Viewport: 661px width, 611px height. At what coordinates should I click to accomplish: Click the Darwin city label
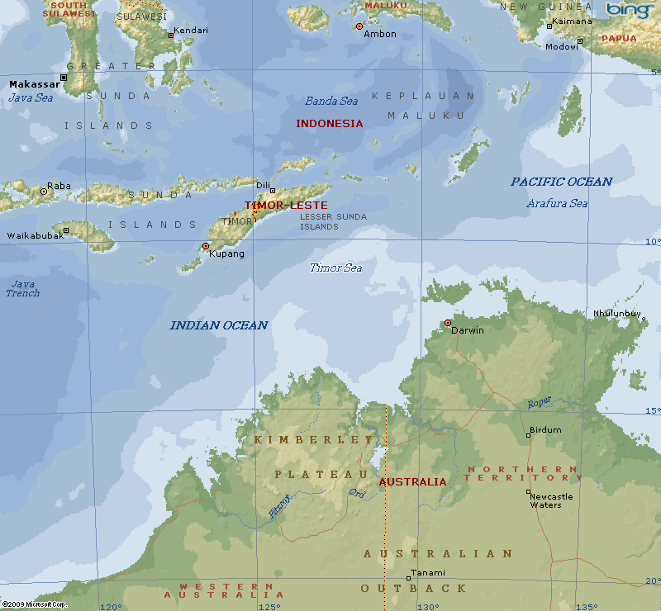(x=468, y=330)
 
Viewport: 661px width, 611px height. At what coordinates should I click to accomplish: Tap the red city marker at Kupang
(x=206, y=246)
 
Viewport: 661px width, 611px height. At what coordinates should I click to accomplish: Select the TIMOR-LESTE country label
(x=286, y=205)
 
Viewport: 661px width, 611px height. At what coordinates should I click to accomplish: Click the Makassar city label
(x=35, y=84)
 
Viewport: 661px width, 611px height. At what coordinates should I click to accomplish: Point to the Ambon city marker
(x=359, y=26)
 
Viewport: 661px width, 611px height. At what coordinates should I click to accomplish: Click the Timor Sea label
(x=335, y=268)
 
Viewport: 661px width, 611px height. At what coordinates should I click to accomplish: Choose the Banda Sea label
(x=331, y=101)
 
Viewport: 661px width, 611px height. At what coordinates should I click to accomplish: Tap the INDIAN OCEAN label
(x=219, y=325)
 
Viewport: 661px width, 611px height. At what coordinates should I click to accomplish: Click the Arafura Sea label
(x=557, y=203)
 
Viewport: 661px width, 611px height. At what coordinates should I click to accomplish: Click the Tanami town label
(x=428, y=573)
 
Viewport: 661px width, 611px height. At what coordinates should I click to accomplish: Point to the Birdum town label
(x=545, y=430)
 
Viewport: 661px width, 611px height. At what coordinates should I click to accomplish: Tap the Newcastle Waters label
(x=551, y=500)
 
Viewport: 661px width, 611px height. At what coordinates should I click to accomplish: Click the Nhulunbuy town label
(x=616, y=313)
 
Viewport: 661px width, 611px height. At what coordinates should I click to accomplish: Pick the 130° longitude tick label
(x=427, y=606)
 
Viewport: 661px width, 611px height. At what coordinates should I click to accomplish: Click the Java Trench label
(x=22, y=288)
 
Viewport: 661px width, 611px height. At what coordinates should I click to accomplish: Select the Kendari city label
(x=191, y=30)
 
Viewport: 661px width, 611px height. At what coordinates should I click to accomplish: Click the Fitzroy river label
(x=279, y=505)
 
